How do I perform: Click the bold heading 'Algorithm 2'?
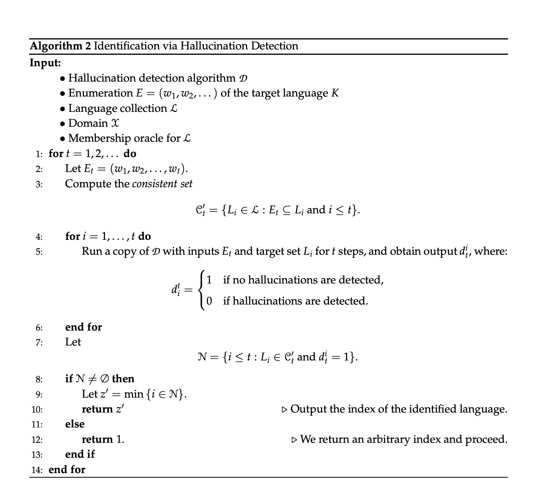click(x=61, y=46)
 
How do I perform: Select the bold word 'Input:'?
click(x=45, y=62)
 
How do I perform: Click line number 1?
click(x=39, y=154)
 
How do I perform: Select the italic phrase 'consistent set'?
click(x=162, y=184)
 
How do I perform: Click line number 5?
click(x=39, y=252)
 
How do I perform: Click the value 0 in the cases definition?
click(x=209, y=301)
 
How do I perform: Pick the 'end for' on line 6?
click(x=84, y=327)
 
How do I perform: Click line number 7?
click(x=39, y=342)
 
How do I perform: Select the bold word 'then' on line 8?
click(x=123, y=379)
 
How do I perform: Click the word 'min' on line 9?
click(x=133, y=394)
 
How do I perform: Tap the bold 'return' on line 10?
click(x=97, y=409)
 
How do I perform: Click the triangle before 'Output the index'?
click(x=284, y=409)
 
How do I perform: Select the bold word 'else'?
click(x=75, y=424)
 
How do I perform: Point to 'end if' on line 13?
click(x=80, y=454)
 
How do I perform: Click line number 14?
click(x=37, y=470)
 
